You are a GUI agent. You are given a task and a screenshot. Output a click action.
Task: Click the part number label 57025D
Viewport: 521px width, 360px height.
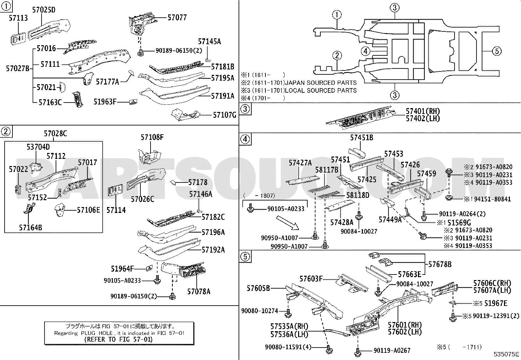tap(44, 10)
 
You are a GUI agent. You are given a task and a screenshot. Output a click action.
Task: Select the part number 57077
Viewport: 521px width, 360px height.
tap(177, 17)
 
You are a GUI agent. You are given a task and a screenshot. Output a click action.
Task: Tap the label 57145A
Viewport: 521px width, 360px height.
tap(209, 41)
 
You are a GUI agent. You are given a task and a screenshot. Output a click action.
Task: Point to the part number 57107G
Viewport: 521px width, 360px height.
tap(225, 115)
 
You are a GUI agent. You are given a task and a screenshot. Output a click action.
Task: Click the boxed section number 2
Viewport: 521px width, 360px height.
tap(6, 132)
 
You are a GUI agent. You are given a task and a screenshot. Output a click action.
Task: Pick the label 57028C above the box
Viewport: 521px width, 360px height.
tap(55, 134)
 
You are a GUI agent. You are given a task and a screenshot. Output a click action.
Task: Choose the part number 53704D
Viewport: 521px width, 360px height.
tap(38, 147)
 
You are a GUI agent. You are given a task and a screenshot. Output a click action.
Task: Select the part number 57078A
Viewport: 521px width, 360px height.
tap(199, 291)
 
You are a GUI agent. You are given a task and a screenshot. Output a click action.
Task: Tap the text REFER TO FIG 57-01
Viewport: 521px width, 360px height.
tap(119, 339)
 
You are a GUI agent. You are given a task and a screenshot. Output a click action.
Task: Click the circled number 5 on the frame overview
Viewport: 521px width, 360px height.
tap(496, 51)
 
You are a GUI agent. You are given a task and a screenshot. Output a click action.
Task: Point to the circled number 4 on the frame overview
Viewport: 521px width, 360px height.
tap(366, 51)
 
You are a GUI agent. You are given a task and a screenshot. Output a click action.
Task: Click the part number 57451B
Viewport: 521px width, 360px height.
tap(361, 138)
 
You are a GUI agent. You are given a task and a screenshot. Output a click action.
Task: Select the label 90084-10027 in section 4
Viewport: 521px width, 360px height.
tap(358, 231)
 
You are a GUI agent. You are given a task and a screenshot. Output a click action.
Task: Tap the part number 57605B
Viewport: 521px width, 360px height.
tap(258, 288)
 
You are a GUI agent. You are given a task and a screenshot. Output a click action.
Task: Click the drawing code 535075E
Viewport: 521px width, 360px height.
tap(506, 354)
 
